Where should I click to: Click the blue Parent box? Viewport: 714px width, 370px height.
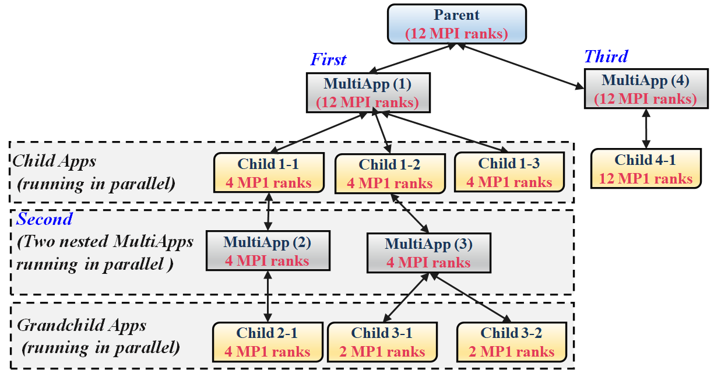point(457,24)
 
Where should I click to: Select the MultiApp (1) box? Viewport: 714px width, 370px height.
point(368,93)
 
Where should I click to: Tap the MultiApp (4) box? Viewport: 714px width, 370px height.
point(646,89)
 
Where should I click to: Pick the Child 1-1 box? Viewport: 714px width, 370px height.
point(269,172)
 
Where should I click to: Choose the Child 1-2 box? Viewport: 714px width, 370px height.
point(390,174)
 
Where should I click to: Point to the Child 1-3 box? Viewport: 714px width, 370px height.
point(509,172)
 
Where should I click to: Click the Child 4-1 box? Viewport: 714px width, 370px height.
point(646,168)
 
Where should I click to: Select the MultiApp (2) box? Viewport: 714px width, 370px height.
point(268,251)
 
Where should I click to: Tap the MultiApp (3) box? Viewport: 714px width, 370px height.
point(429,253)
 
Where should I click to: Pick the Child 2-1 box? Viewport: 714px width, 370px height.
point(268,342)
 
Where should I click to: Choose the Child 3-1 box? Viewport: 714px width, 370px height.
point(382,342)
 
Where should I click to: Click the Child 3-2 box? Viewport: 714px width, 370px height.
point(512,342)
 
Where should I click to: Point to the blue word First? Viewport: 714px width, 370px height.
point(328,59)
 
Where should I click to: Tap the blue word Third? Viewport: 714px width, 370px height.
point(606,57)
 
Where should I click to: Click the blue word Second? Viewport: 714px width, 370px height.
point(44,219)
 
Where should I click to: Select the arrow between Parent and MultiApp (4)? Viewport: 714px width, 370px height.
point(521,66)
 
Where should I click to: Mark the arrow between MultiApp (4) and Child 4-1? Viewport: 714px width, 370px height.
point(646,129)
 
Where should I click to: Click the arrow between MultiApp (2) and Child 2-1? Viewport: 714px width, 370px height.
point(268,297)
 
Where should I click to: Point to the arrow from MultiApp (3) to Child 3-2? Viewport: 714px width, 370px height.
point(470,297)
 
